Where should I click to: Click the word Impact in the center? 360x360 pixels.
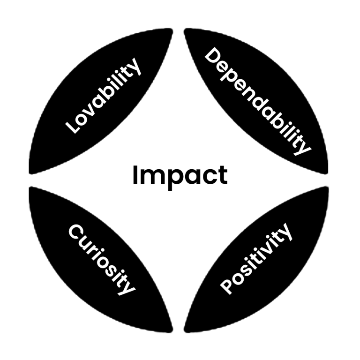tap(180, 176)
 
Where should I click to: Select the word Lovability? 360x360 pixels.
tap(103, 96)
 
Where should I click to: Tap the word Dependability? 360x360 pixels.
tap(258, 101)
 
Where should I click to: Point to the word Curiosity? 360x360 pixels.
tap(102, 260)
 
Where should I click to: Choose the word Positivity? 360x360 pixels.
tap(256, 259)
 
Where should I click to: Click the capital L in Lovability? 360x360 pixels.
tap(72, 127)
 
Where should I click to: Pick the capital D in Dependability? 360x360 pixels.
tap(213, 56)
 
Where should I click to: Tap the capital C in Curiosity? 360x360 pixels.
tap(77, 232)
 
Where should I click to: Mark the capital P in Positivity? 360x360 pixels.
tap(227, 287)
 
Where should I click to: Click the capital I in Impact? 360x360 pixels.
tap(135, 175)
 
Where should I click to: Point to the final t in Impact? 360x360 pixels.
tap(224, 176)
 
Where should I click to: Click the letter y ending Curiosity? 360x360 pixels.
tap(127, 288)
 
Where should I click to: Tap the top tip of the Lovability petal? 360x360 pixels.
tap(171, 30)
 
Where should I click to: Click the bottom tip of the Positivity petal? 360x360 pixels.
tap(186, 331)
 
